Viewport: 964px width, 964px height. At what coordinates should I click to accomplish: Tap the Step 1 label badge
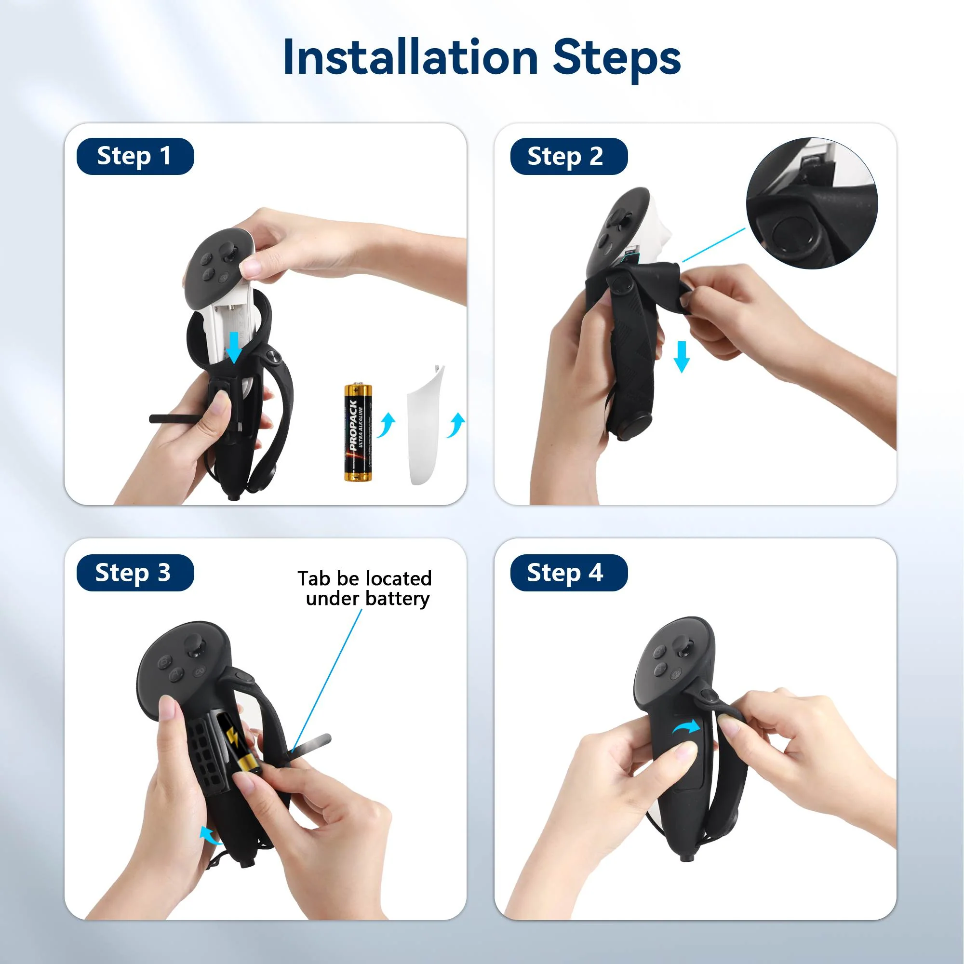pos(135,156)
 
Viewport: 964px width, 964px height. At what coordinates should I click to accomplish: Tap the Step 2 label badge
pos(568,156)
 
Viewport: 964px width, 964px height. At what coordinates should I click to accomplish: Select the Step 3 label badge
pos(135,572)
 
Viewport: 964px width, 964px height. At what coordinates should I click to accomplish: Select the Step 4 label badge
pos(568,572)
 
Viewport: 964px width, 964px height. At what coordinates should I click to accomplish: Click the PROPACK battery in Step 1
pos(358,432)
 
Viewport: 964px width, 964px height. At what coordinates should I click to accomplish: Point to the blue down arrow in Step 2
pos(682,356)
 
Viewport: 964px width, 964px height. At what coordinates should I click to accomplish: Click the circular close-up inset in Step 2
pos(811,203)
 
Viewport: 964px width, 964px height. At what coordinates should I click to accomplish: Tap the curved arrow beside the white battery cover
pos(455,426)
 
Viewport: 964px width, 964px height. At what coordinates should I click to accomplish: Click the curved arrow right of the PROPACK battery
pos(386,426)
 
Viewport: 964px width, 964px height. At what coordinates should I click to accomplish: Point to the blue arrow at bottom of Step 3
pos(210,835)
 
